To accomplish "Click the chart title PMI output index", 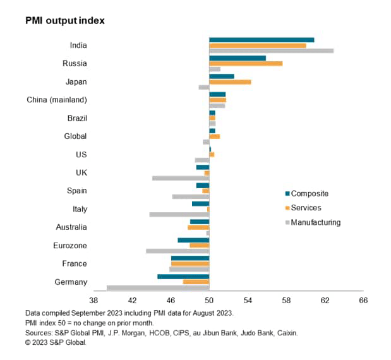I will (x=64, y=20).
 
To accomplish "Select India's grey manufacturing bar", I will (x=271, y=51).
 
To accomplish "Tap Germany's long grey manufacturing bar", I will (x=158, y=288).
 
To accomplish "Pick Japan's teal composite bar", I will (x=221, y=76).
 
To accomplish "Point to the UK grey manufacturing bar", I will (x=181, y=178).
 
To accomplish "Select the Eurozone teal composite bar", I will (x=193, y=240).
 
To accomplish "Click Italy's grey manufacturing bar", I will (x=179, y=215).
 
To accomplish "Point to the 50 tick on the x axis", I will (x=209, y=301).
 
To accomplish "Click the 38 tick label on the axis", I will (x=93, y=301).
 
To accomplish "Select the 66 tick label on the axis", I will (x=363, y=301).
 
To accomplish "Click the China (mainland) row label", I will (x=57, y=100).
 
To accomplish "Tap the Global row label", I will (x=75, y=136).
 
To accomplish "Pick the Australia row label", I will (x=71, y=227).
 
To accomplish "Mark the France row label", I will (x=75, y=263).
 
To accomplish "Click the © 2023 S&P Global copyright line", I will (x=56, y=342).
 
